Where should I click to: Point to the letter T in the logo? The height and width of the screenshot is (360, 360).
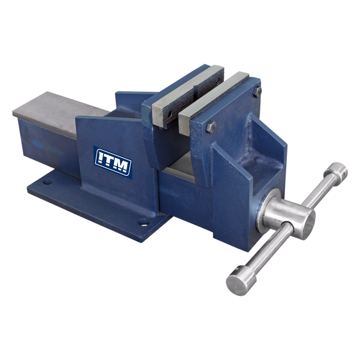pyautogui.click(x=112, y=160)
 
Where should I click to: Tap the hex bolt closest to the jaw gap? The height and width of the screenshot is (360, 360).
pyautogui.click(x=209, y=128)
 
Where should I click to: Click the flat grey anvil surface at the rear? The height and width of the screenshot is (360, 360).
pyautogui.click(x=54, y=108)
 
